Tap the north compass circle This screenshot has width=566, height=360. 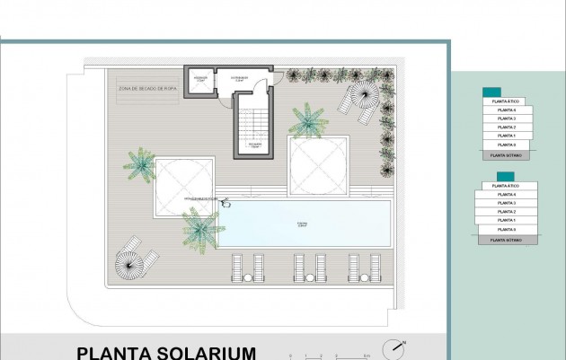tap(392, 348)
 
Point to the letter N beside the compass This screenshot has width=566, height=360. tap(405, 342)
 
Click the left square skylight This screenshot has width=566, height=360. tap(184, 187)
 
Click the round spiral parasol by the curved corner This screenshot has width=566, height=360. tap(134, 264)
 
